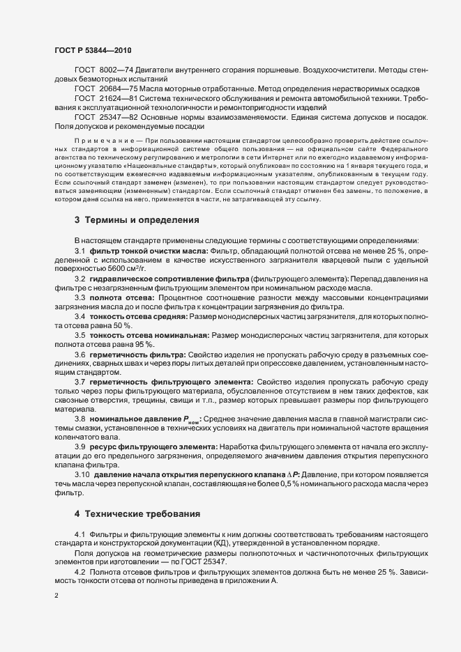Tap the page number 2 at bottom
56,596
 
